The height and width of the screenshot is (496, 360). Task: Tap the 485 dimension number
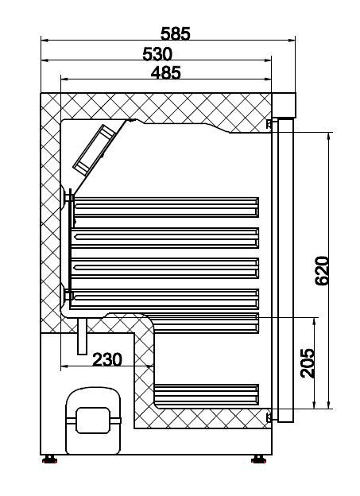[x=165, y=72]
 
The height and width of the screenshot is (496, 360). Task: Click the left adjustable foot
[x=50, y=459]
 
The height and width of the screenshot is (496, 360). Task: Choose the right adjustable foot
[x=258, y=459]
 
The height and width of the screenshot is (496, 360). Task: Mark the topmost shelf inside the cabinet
[x=166, y=207]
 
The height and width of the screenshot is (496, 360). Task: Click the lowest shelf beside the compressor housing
[x=207, y=393]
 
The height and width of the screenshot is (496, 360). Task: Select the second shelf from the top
[x=166, y=237]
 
